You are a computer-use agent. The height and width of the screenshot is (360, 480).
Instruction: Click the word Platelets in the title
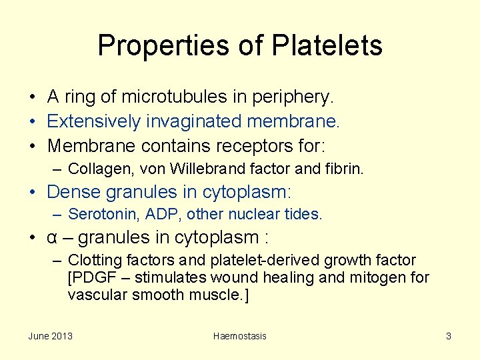tap(327, 45)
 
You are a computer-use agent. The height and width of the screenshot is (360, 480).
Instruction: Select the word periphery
tap(294, 97)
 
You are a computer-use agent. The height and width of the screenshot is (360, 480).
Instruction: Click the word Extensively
tap(94, 121)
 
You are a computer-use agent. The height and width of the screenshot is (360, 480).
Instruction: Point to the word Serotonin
tap(97, 214)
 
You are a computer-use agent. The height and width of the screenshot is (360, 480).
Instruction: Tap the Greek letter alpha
tap(52, 237)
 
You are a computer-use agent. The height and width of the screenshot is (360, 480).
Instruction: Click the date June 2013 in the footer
tap(51, 336)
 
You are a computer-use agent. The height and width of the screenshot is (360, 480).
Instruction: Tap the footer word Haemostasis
tap(239, 336)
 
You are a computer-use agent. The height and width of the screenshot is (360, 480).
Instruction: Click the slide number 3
tap(449, 336)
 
